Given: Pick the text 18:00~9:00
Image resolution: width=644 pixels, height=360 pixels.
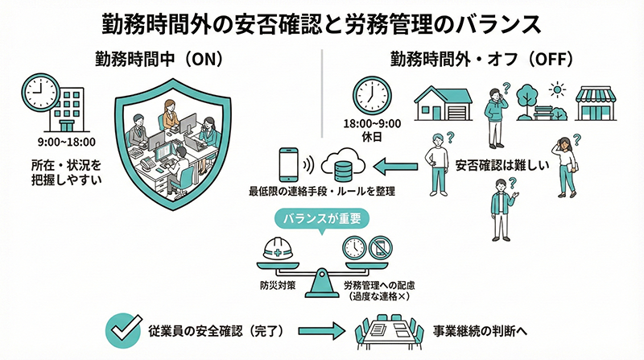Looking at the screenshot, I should click(x=371, y=126).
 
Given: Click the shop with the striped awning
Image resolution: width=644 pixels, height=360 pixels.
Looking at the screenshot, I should click(x=597, y=103).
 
